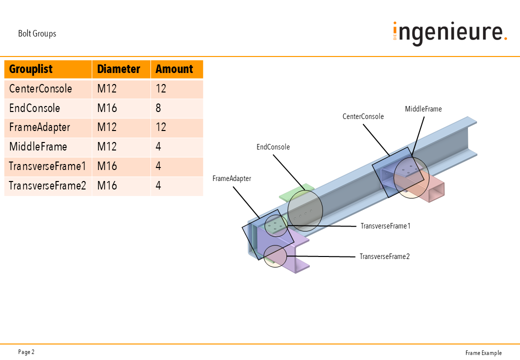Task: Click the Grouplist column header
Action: click(31, 69)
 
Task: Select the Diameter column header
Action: click(118, 69)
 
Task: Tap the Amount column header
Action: click(174, 69)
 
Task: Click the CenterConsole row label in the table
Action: click(40, 89)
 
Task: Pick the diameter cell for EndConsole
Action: click(106, 108)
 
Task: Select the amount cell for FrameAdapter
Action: click(161, 127)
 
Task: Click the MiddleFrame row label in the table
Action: click(38, 147)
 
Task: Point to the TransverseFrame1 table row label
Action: click(47, 166)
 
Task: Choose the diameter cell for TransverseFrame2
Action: click(107, 186)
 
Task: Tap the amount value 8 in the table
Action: click(158, 108)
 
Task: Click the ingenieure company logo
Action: click(449, 33)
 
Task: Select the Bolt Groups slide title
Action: click(37, 34)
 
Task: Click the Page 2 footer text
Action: click(26, 352)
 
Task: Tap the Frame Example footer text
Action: click(483, 353)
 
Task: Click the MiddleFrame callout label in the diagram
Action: click(423, 109)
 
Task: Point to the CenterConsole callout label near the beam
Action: click(363, 116)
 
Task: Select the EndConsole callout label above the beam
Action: click(273, 147)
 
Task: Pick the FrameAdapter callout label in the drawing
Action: click(231, 178)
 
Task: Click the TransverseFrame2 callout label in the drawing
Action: click(384, 256)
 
